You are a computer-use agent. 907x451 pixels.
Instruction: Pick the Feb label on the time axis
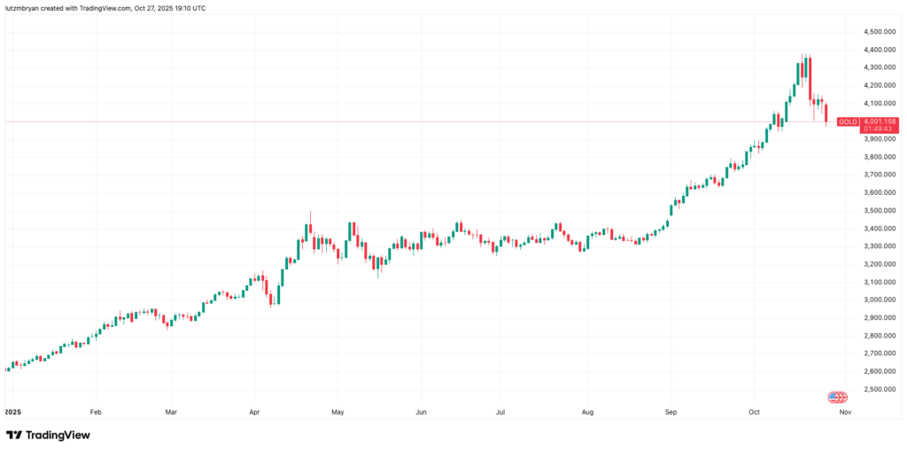(x=96, y=412)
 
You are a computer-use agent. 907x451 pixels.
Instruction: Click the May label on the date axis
(x=337, y=412)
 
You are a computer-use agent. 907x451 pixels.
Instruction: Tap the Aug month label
(x=588, y=412)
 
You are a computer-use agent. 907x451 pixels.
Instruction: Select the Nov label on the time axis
(x=845, y=412)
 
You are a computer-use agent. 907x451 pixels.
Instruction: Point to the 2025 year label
(x=12, y=412)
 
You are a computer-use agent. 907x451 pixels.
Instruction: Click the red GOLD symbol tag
(x=848, y=121)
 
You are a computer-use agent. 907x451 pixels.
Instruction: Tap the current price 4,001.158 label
(x=880, y=121)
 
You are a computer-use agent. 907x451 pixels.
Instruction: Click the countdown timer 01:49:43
(x=877, y=129)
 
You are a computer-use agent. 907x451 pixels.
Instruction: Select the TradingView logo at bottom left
(x=48, y=435)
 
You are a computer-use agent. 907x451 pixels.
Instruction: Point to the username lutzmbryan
(x=22, y=8)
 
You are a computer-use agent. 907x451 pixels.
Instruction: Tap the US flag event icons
(x=838, y=397)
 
